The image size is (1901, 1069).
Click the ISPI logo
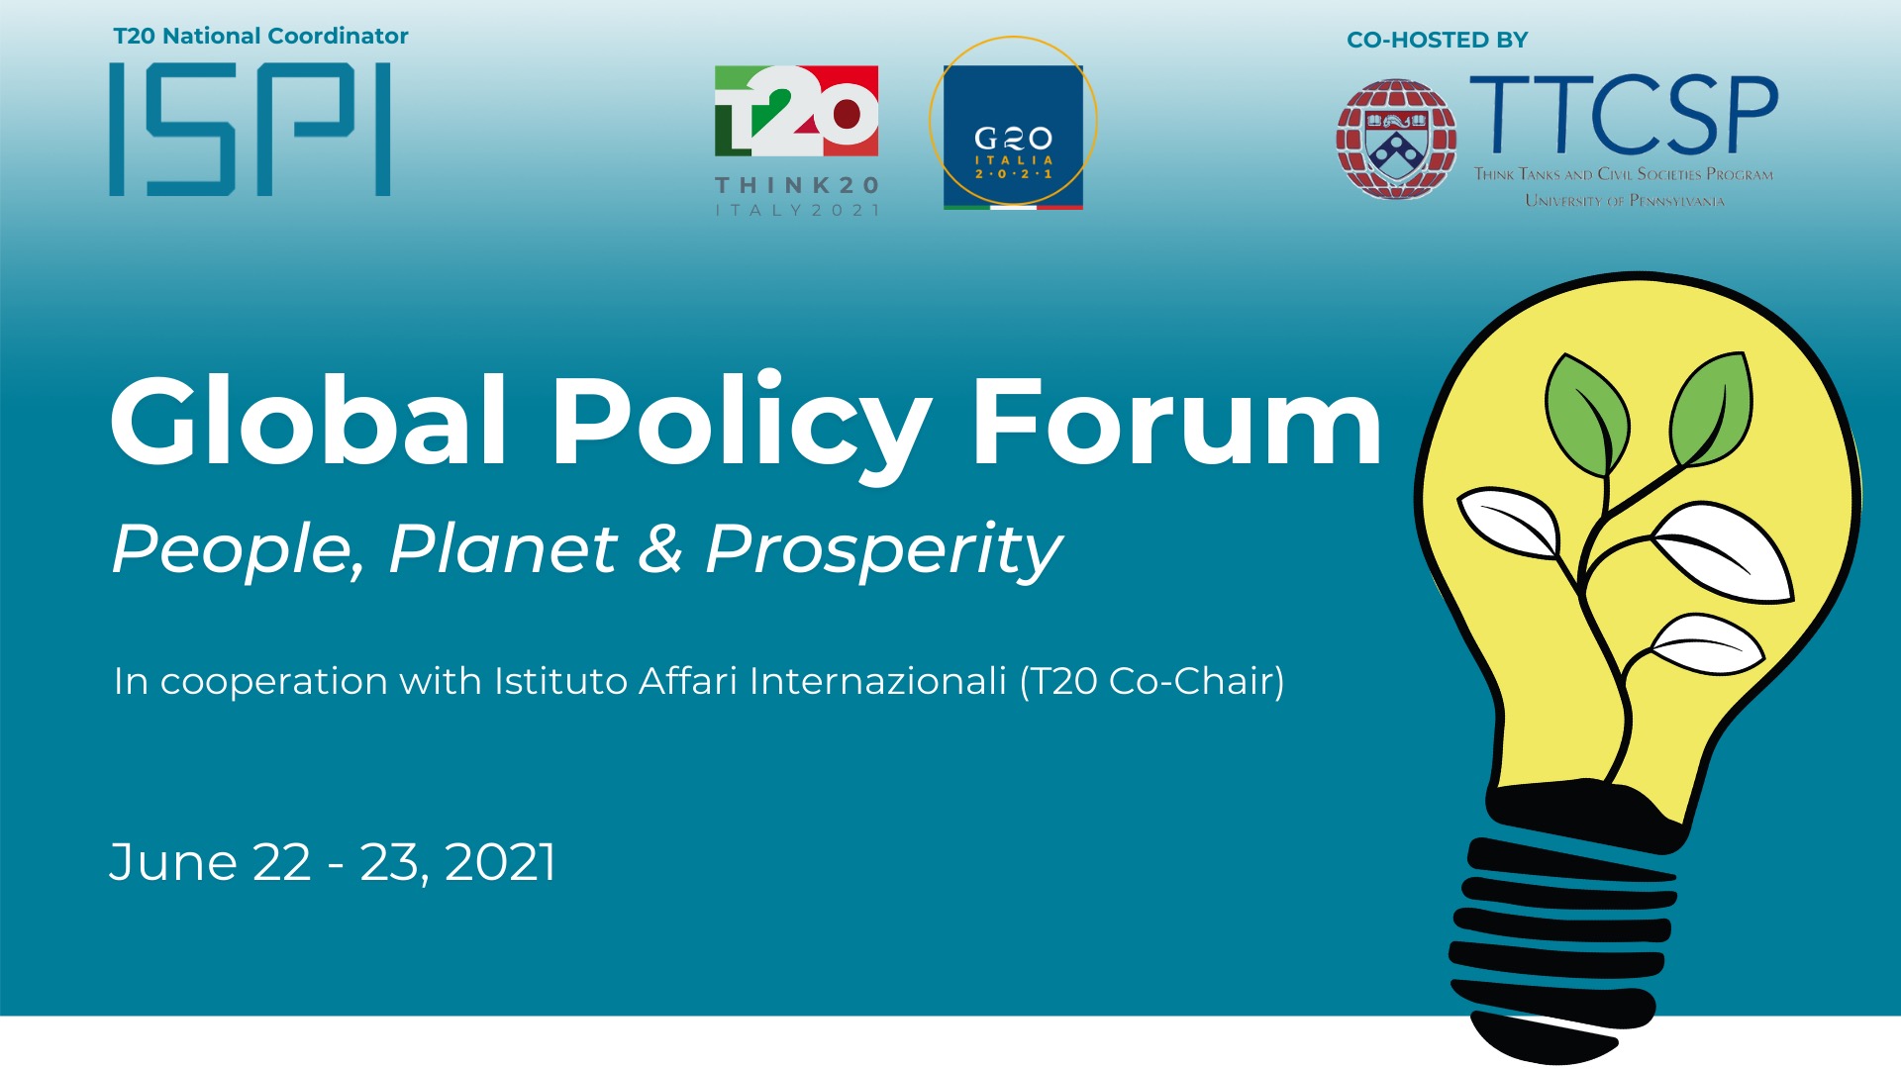(x=250, y=129)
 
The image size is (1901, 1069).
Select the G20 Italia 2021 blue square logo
(x=1013, y=137)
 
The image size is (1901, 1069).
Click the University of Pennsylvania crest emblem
(x=1396, y=140)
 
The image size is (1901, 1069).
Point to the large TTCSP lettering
(x=1625, y=115)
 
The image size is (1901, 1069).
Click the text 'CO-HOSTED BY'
(x=1437, y=40)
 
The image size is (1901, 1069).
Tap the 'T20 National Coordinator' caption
(x=260, y=36)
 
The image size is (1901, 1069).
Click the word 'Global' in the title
(x=309, y=420)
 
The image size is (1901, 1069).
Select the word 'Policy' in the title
(x=742, y=426)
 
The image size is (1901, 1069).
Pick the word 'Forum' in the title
(x=1176, y=422)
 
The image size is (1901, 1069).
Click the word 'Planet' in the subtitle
(x=504, y=548)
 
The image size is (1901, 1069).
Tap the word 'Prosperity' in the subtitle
(x=884, y=551)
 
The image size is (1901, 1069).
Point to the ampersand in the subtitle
(x=661, y=549)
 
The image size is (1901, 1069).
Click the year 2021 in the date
(x=501, y=862)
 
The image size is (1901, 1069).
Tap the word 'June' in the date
(x=174, y=862)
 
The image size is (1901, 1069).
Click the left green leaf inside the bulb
(x=1586, y=414)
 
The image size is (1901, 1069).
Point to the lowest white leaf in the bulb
(x=1708, y=644)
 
